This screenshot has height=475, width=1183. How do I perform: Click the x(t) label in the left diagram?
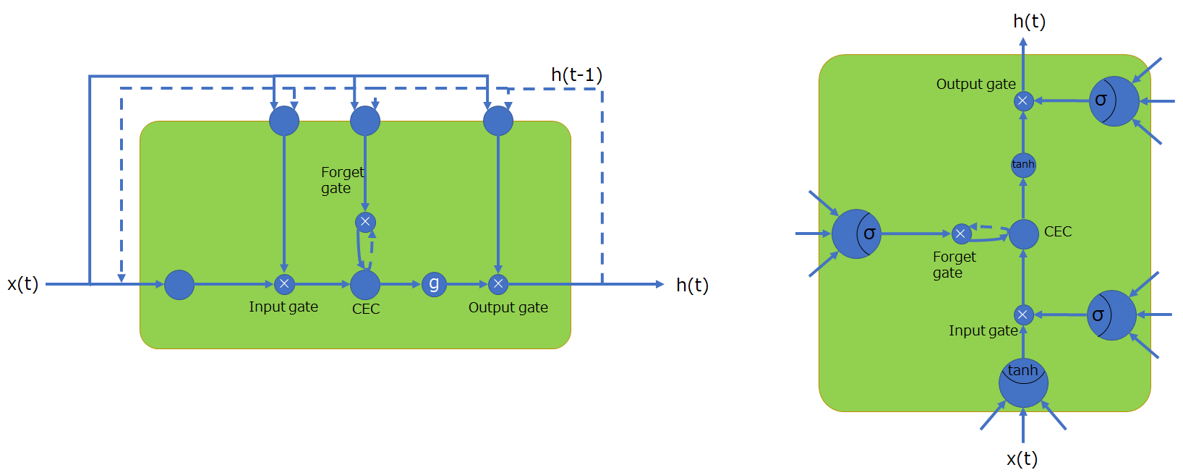(22, 284)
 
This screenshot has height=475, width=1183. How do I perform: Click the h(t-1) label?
(576, 75)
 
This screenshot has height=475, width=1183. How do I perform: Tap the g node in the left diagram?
(434, 284)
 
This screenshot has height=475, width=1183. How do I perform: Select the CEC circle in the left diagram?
(365, 285)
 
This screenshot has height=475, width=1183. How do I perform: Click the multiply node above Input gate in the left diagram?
(284, 284)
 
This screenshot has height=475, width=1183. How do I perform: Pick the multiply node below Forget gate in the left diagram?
(365, 222)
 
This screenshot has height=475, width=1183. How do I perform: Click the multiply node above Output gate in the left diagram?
(498, 284)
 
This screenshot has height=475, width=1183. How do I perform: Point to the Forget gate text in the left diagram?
(342, 180)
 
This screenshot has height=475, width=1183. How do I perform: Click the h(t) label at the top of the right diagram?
(1029, 22)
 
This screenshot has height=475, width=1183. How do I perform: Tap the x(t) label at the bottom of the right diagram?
(1022, 458)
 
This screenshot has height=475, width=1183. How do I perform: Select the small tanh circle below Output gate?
(1023, 165)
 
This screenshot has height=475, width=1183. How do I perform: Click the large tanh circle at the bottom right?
(1023, 382)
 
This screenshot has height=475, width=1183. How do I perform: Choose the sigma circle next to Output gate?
(1114, 101)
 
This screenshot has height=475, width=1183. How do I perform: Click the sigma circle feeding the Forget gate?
(856, 234)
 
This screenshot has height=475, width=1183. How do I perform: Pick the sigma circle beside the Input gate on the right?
(1111, 315)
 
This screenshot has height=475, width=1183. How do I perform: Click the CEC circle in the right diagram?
(1023, 234)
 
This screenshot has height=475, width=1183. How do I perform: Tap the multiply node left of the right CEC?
(961, 234)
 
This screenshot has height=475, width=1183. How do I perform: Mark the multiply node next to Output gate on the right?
(1022, 101)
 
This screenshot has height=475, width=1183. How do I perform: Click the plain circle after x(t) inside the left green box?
(179, 285)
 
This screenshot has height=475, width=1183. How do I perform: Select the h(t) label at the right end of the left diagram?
(692, 286)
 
